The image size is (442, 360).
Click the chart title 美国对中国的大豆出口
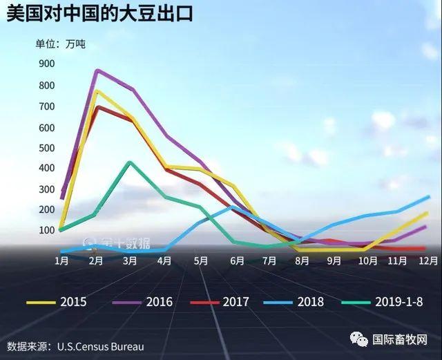(x=100, y=15)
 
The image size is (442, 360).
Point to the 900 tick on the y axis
(x=46, y=64)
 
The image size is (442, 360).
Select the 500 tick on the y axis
(x=46, y=148)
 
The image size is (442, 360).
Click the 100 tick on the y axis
(x=46, y=230)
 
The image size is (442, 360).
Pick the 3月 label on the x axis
(x=130, y=261)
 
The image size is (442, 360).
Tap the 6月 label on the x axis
(x=237, y=261)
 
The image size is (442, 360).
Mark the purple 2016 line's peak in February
(x=97, y=70)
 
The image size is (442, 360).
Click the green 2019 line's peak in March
(x=130, y=162)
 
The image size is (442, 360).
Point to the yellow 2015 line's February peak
(x=96, y=91)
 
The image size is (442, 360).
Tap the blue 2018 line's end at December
(x=429, y=197)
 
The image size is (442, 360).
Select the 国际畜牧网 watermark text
(x=400, y=339)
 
